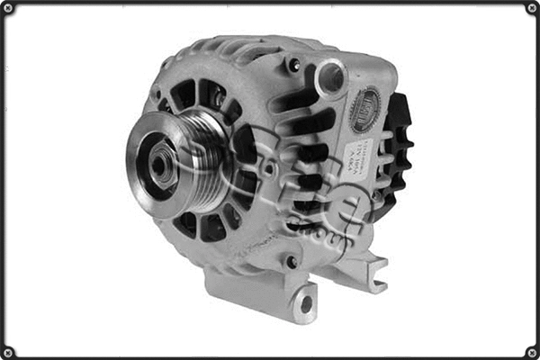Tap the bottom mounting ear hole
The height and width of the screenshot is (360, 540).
coord(306,303)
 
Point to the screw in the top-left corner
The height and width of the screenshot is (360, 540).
coord(8,8)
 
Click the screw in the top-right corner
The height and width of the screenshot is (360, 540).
coord(531,8)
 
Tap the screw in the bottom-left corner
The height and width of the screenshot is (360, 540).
coord(8,351)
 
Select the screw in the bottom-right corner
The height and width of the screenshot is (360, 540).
coord(531,351)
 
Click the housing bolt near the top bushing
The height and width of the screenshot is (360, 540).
coord(293,65)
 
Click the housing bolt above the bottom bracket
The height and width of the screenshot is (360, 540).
coord(290,262)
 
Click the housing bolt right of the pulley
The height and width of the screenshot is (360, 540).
coord(267,167)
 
